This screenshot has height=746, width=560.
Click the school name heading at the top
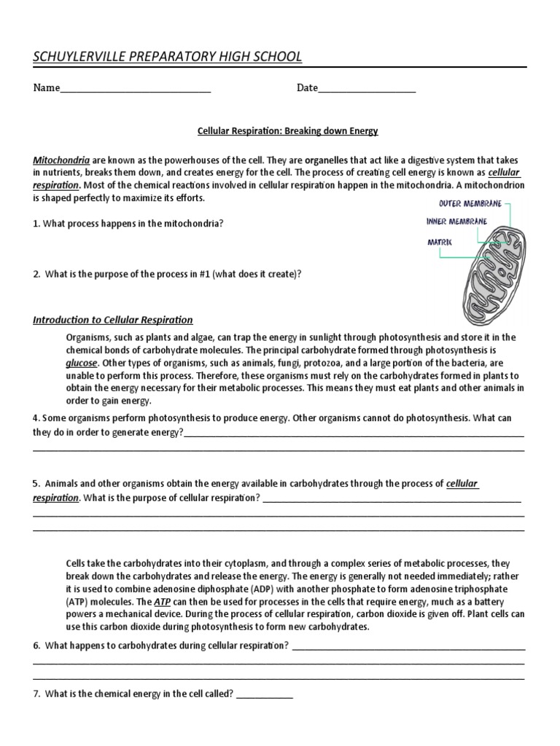coord(167,57)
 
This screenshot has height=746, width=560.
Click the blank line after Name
coord(135,91)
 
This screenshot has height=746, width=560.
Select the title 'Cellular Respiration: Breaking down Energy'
coord(288,131)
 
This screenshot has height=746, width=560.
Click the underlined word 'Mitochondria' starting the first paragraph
coord(61,160)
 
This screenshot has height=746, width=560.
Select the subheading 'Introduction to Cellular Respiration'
coord(113,320)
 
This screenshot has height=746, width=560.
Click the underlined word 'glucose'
coord(81,362)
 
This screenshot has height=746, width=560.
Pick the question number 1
coord(36,224)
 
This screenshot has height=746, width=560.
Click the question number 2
coord(36,274)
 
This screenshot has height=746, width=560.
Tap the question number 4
coord(36,419)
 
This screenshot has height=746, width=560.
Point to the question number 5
coord(36,483)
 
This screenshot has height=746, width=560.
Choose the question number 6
coord(36,645)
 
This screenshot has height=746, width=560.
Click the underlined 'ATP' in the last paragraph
coord(163,602)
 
